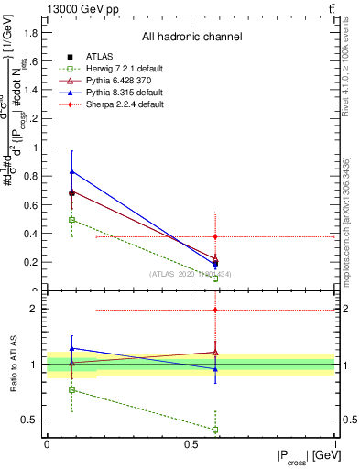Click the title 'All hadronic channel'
191,38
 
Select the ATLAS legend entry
92,57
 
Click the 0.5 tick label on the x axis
191,444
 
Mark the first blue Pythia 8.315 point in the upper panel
71,171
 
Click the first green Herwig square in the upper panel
71,220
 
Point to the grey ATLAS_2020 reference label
191,274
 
